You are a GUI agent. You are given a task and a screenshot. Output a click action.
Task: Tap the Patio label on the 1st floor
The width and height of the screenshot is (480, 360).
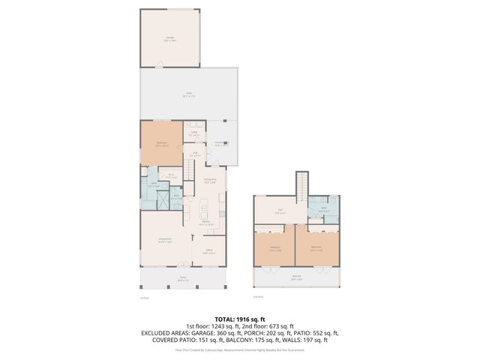[188, 94]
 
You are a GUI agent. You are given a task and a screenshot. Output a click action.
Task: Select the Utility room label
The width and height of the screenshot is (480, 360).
[193, 133]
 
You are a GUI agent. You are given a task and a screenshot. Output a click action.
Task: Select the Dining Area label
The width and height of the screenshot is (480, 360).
[211, 180]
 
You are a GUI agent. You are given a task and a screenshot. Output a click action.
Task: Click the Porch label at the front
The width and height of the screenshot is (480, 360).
[183, 278]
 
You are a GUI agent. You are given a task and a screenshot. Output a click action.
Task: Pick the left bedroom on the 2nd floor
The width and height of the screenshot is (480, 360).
[275, 248]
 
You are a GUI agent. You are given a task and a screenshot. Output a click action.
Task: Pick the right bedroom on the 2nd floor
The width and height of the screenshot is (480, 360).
[316, 248]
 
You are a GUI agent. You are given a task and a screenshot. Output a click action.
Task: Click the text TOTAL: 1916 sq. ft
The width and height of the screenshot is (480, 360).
[239, 318]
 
